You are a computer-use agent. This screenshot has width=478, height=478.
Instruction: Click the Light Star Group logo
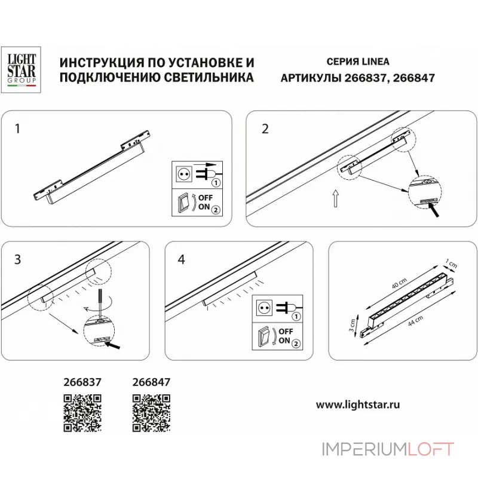tap(22, 70)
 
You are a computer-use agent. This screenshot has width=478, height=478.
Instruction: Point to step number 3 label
tap(17, 259)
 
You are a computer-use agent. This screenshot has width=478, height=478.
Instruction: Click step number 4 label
tap(182, 259)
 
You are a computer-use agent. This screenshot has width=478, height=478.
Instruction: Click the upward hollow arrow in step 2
tap(336, 198)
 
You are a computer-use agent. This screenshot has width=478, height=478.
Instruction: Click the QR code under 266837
tap(82, 413)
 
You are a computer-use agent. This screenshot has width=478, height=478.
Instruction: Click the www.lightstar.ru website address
tap(358, 404)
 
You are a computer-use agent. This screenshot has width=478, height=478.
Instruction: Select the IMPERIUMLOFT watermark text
tap(388, 449)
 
